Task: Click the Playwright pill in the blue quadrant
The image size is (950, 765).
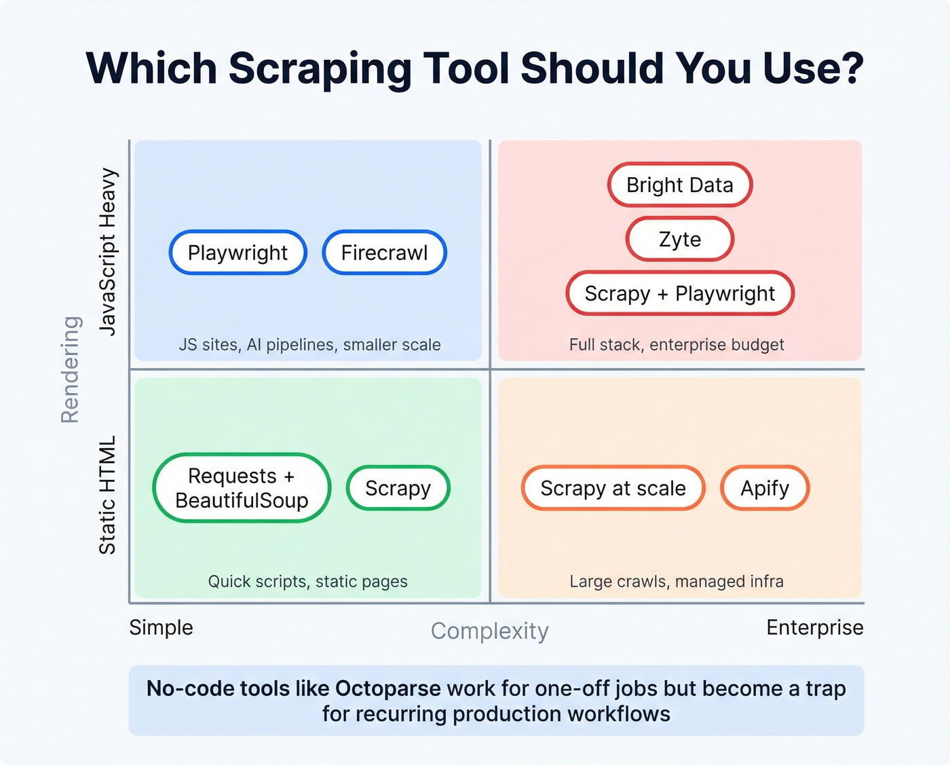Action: click(x=237, y=253)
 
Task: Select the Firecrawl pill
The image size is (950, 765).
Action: click(x=384, y=253)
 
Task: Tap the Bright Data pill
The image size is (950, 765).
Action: click(x=679, y=185)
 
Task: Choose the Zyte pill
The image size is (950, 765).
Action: click(x=679, y=240)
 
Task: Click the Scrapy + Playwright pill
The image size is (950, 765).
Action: click(x=679, y=293)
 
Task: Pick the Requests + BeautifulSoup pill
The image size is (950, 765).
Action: click(x=242, y=488)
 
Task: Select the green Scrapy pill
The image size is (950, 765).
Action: click(x=398, y=488)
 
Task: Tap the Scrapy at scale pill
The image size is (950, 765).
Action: click(x=613, y=488)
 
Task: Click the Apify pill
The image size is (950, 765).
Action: click(x=765, y=488)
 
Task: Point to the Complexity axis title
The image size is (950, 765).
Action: click(x=489, y=631)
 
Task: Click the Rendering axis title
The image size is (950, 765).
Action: click(x=71, y=369)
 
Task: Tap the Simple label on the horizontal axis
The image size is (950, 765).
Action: click(x=161, y=628)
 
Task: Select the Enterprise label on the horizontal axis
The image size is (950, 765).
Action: click(x=814, y=628)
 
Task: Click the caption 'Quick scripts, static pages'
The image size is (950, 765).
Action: click(x=307, y=582)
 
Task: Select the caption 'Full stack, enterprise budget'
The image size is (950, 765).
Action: click(x=677, y=345)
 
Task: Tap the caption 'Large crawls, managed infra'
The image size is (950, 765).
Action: click(x=677, y=582)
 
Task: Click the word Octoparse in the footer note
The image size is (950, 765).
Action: click(x=387, y=689)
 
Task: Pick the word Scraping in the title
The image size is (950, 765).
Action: click(x=320, y=69)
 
